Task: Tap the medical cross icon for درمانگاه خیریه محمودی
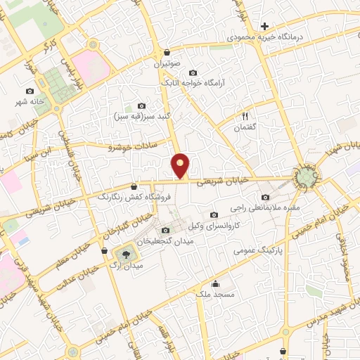264,26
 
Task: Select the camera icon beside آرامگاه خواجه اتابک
193,72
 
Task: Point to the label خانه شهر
30,101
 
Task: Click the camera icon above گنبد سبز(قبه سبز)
142,105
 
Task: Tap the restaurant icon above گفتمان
246,115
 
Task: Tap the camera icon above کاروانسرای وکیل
214,215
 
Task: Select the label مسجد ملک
214,295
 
